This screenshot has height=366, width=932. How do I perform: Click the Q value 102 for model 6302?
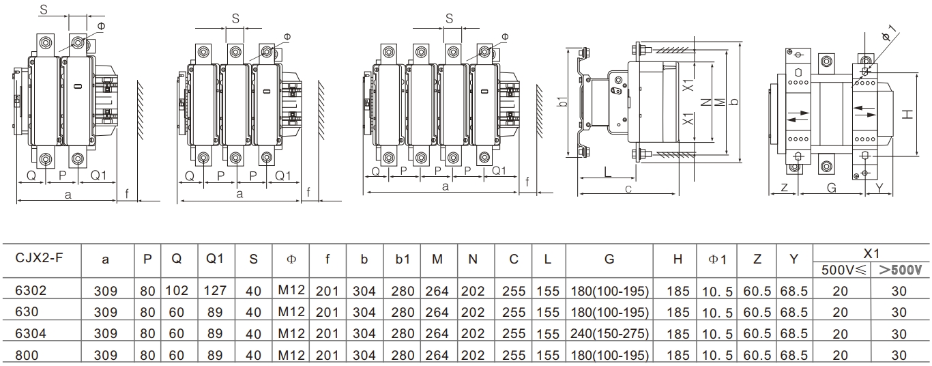tap(177, 290)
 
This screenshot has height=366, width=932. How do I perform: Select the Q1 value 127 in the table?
tap(215, 290)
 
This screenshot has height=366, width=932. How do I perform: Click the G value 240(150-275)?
tap(609, 334)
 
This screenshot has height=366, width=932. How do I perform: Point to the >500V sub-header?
tap(899, 269)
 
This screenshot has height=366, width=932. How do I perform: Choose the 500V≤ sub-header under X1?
tap(840, 269)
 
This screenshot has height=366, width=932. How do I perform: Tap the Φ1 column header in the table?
tap(716, 259)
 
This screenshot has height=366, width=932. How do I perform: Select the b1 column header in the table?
tap(403, 259)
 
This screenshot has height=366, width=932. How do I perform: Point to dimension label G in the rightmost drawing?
tap(831, 186)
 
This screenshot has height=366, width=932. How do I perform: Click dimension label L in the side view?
tap(607, 171)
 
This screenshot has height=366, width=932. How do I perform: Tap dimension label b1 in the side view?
tap(562, 102)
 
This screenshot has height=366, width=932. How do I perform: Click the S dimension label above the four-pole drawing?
tap(449, 18)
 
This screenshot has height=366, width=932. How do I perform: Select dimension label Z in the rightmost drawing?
tap(784, 186)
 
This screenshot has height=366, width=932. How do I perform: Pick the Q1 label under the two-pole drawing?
tap(98, 175)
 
